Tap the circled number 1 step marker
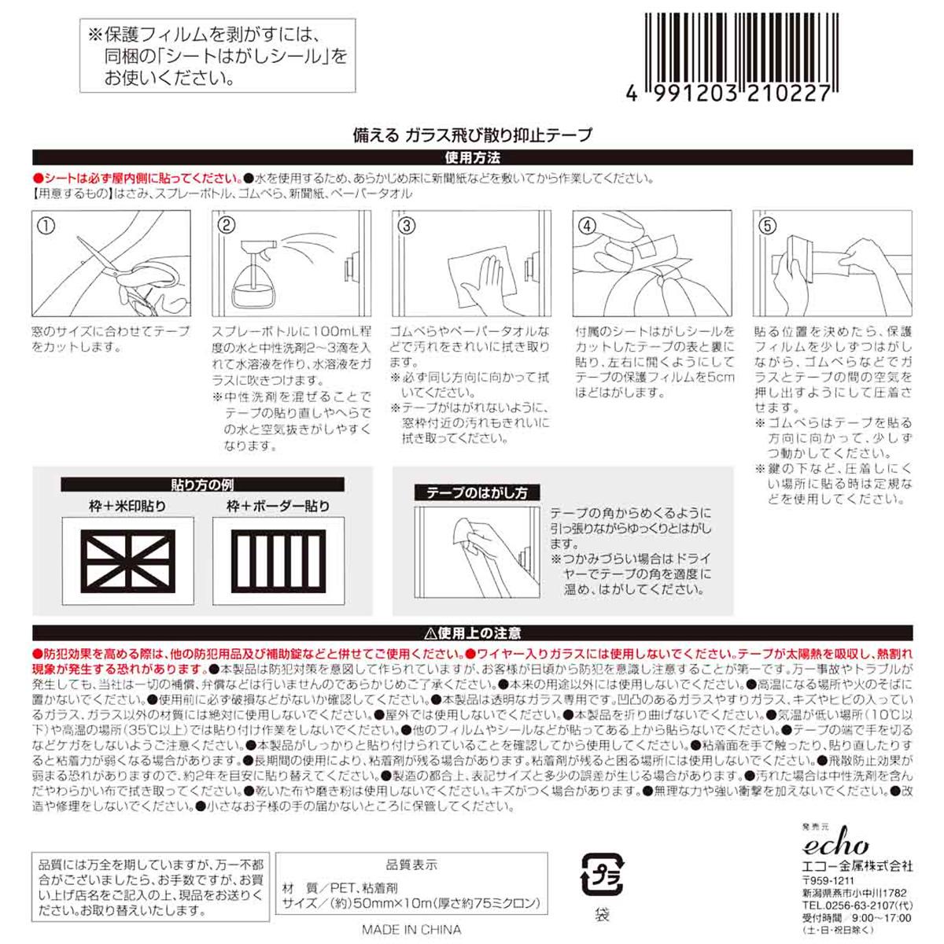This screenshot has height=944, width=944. click(46, 226)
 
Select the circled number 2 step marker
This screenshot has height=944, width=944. click(227, 226)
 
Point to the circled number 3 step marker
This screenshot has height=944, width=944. click(407, 226)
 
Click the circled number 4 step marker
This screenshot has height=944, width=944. click(587, 226)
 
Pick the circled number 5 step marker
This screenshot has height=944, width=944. click(767, 226)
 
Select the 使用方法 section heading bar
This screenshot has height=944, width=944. click(472, 158)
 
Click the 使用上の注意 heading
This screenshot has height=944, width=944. click(472, 633)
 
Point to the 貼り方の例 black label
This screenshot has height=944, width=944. click(202, 485)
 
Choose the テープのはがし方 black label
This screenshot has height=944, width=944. click(477, 493)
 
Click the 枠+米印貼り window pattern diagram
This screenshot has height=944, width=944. click(127, 560)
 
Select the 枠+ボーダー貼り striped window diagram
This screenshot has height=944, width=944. click(278, 560)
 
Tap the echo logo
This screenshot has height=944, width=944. click(835, 845)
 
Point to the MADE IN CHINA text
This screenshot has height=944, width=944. click(412, 929)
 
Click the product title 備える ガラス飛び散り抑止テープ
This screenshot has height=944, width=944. click(472, 135)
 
